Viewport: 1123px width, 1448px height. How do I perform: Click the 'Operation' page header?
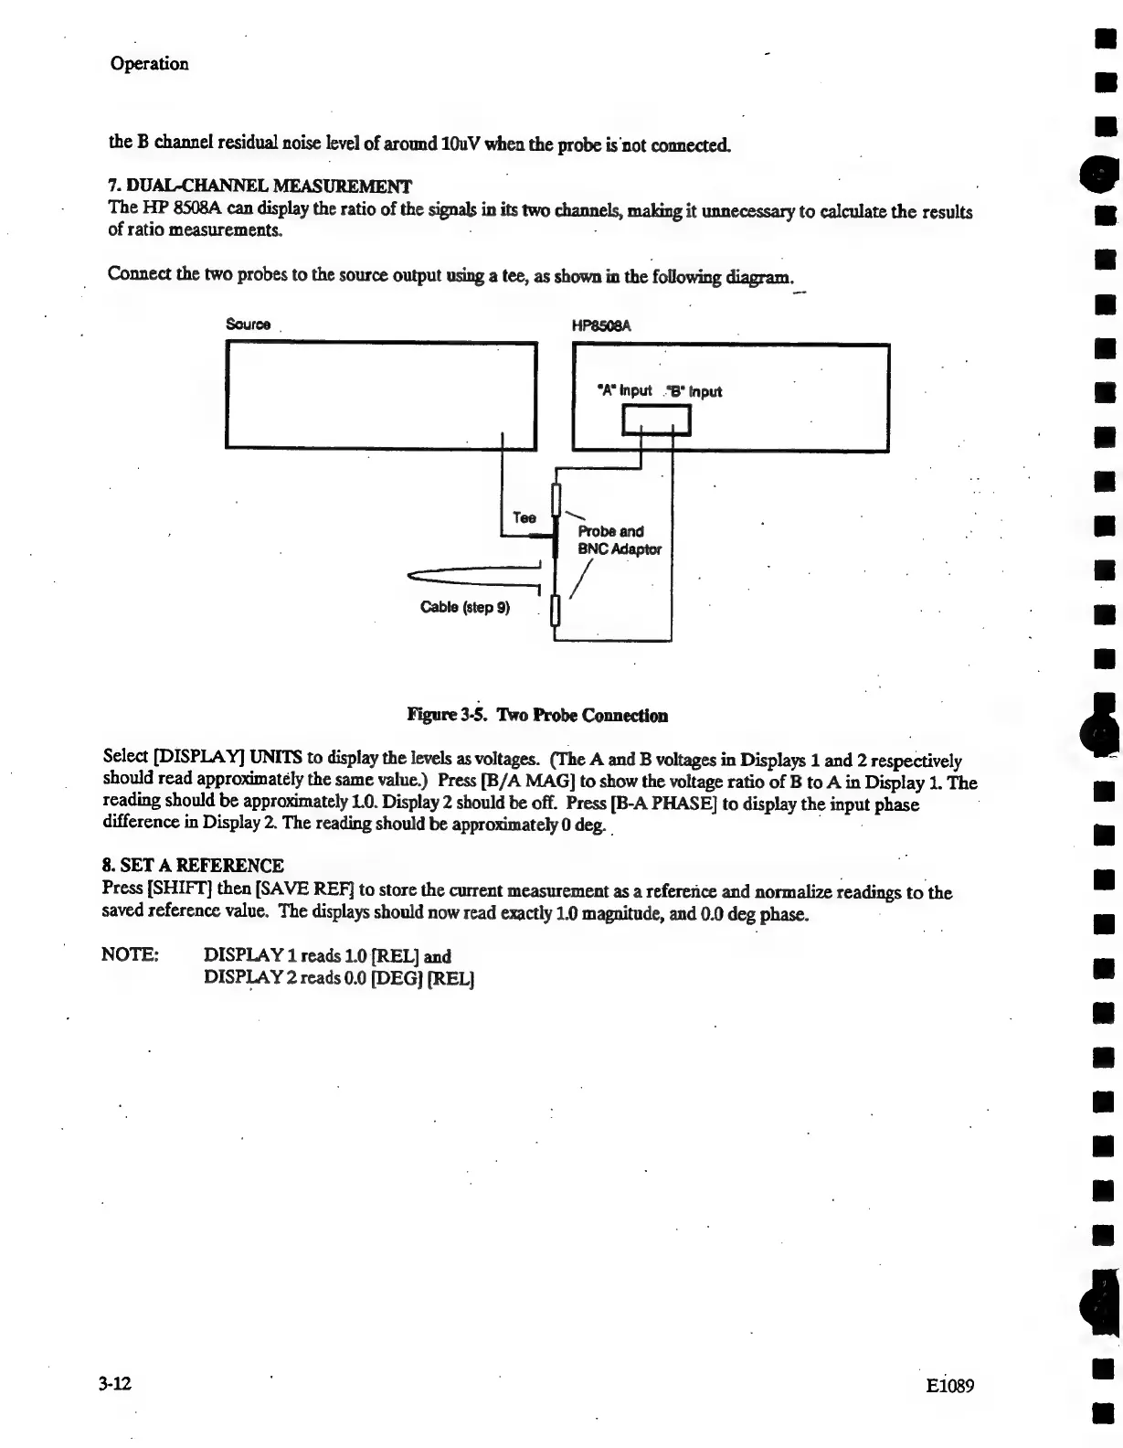149,64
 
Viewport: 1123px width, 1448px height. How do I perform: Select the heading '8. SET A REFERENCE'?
193,865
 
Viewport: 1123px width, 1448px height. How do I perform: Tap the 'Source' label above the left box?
248,325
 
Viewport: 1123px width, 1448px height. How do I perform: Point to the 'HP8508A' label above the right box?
602,325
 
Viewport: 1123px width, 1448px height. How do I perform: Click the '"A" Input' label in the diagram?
623,390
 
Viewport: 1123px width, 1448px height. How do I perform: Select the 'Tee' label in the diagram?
524,517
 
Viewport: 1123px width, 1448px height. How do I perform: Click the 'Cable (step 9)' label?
464,607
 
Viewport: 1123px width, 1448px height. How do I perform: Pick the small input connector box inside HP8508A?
656,421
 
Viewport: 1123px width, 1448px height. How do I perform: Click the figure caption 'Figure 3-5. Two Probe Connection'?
537,715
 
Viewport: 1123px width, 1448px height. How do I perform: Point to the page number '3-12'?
116,1383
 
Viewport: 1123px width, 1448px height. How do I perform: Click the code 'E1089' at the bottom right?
949,1386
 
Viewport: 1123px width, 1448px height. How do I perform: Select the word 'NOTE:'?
130,955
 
